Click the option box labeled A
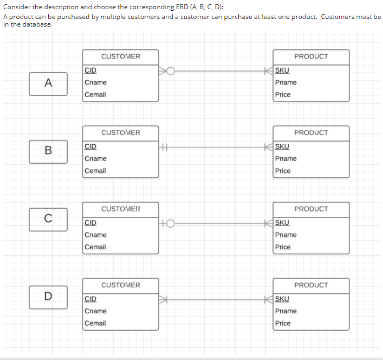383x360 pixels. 48,83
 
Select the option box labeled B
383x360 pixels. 48,151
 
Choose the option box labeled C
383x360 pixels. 48,219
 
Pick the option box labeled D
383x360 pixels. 48,297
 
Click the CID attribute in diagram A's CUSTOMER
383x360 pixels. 90,70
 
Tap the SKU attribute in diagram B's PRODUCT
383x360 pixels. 282,146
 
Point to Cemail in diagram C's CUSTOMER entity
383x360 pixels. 95,247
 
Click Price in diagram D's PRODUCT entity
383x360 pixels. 283,323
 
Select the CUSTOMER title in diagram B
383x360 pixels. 120,133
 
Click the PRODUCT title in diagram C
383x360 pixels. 311,209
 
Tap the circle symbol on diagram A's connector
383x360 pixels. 171,70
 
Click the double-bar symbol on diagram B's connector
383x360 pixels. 165,146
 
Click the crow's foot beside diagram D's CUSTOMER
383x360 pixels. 164,299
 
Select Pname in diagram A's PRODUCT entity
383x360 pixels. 285,82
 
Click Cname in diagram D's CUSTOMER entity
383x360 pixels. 95,311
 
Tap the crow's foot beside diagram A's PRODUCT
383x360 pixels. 269,70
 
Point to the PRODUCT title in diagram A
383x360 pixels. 311,56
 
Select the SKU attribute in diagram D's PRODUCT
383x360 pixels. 282,299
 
